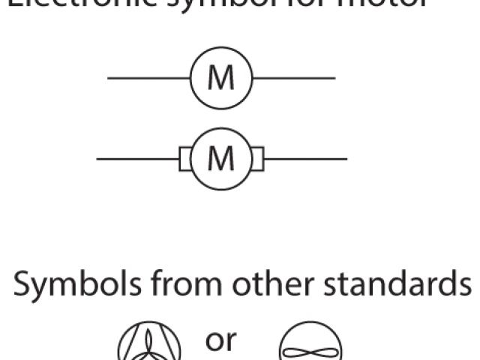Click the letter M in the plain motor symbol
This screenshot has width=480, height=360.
(220, 78)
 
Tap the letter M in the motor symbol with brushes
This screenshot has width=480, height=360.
(220, 158)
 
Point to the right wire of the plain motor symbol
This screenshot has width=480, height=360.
(294, 78)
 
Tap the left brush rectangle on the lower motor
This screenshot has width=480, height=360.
(184, 159)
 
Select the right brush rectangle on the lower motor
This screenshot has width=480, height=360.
(257, 159)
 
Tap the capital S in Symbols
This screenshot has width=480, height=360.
(22, 285)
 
